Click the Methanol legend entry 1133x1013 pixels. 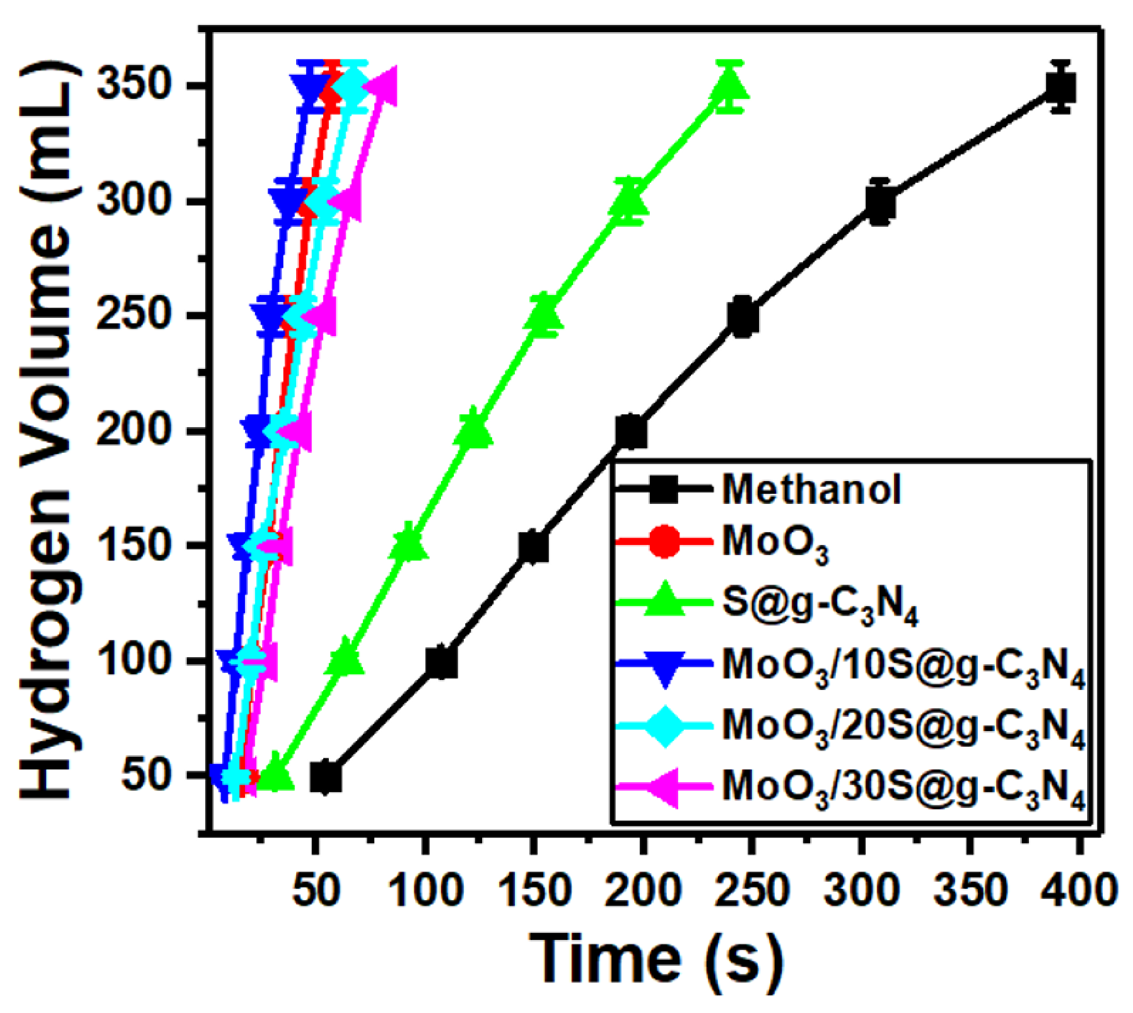click(x=811, y=489)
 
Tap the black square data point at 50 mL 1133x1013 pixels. click(x=327, y=777)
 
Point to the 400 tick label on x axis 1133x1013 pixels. click(x=1079, y=889)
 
